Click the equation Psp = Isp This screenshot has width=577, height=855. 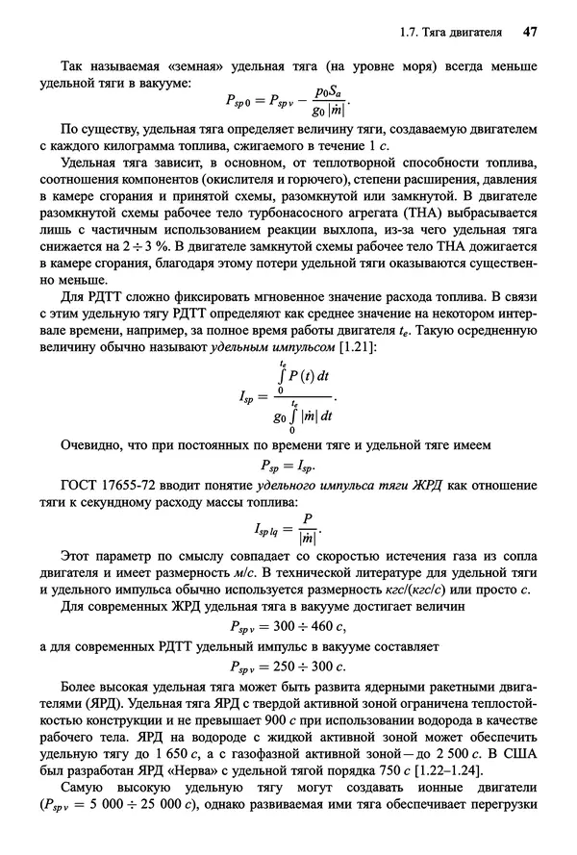coord(289,465)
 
